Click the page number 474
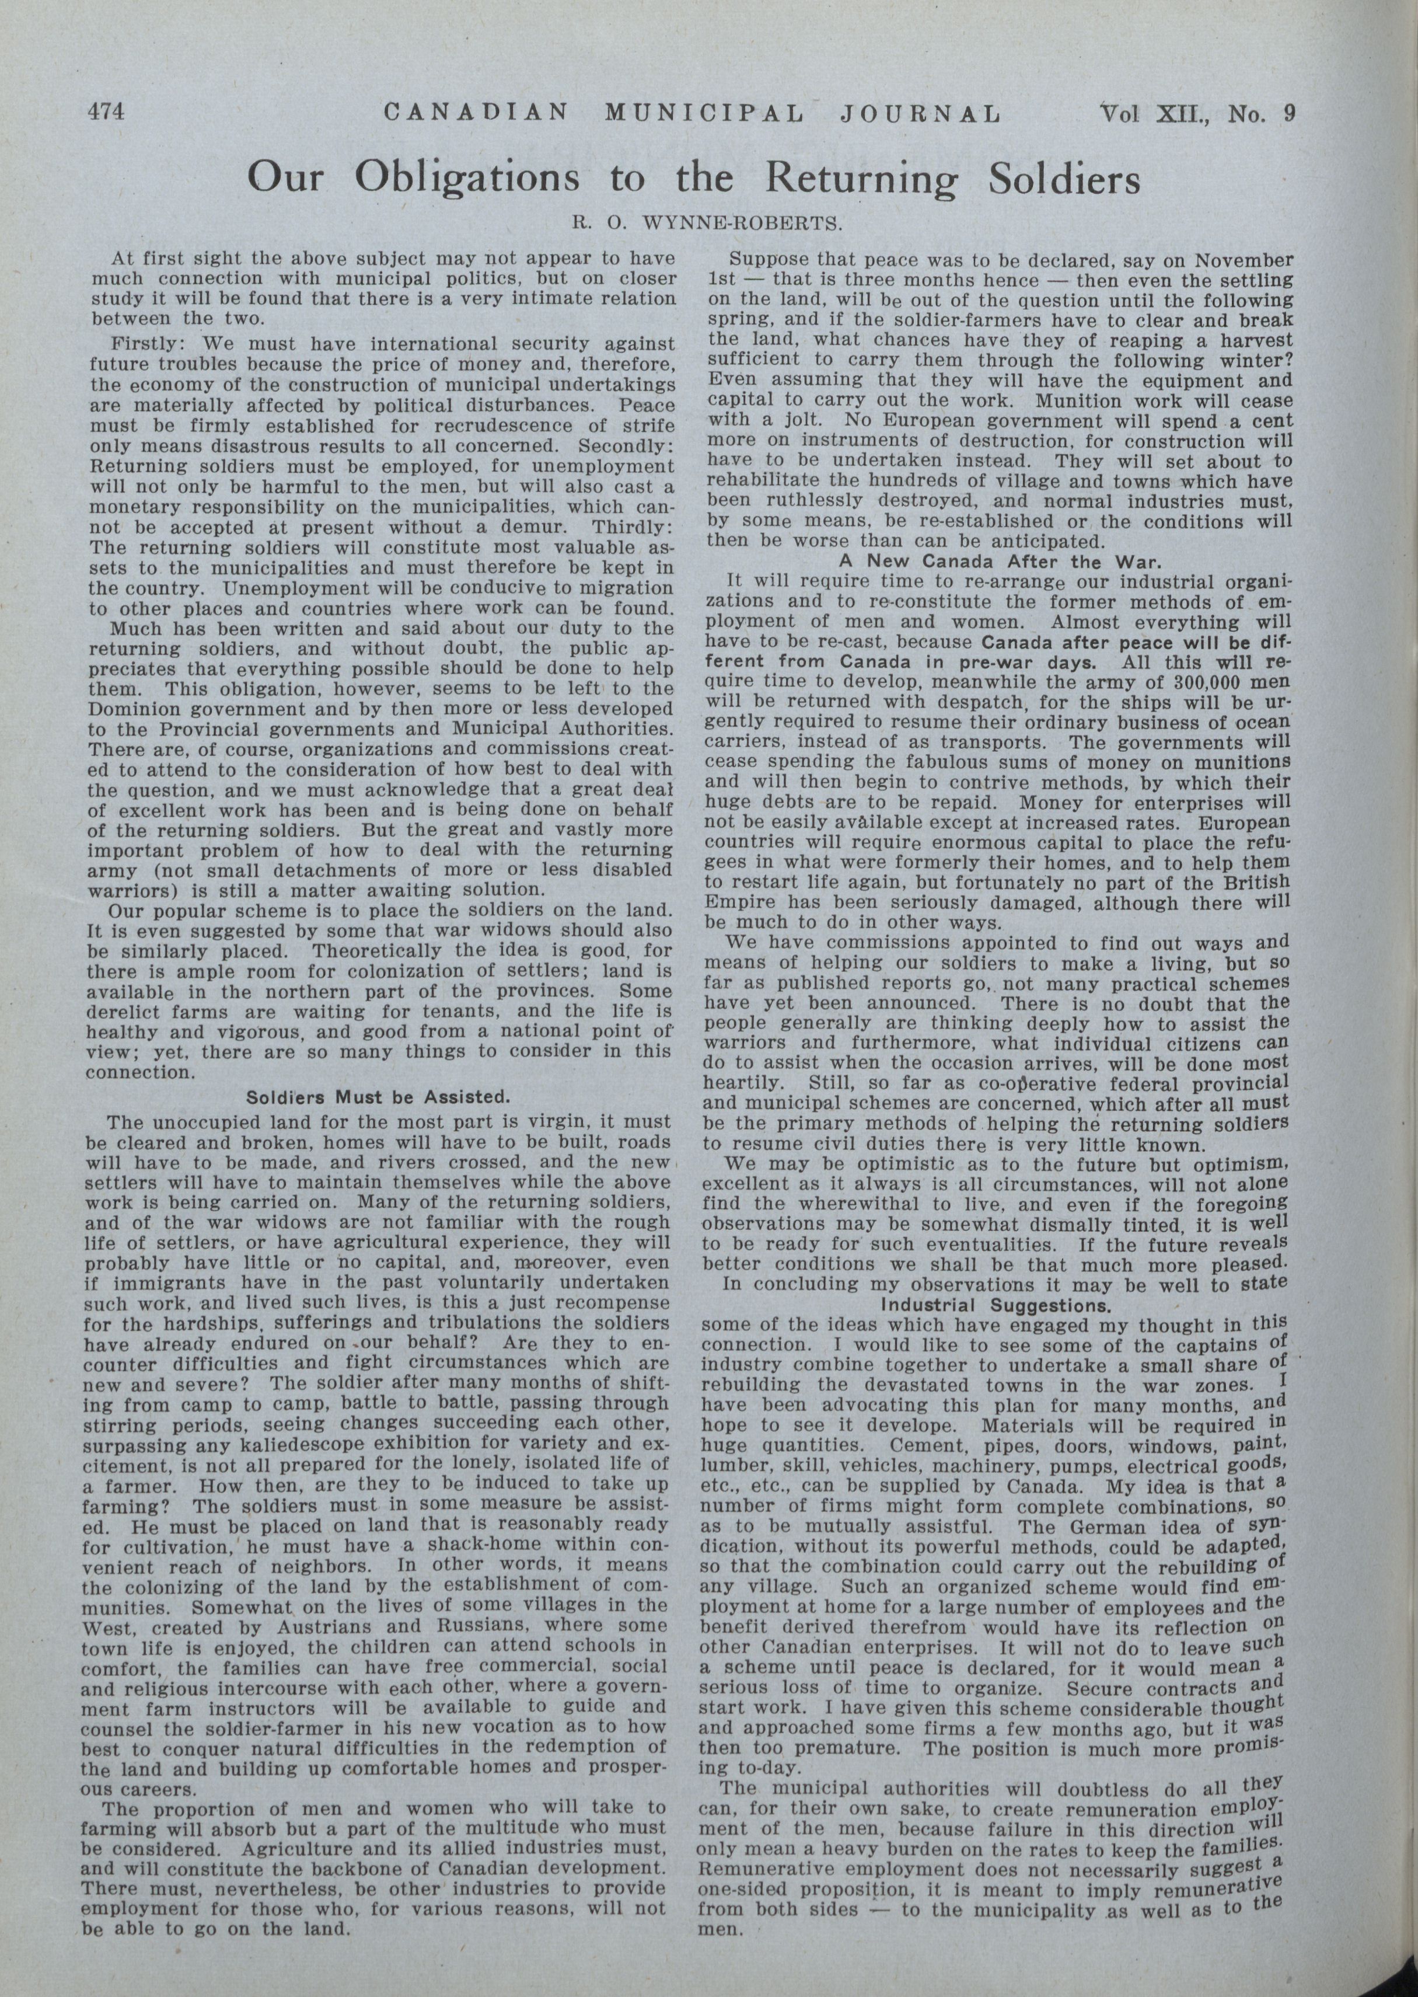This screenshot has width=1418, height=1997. (x=107, y=113)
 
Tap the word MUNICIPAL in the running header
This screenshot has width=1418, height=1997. (x=704, y=113)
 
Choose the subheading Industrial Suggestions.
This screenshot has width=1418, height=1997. (x=996, y=1305)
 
